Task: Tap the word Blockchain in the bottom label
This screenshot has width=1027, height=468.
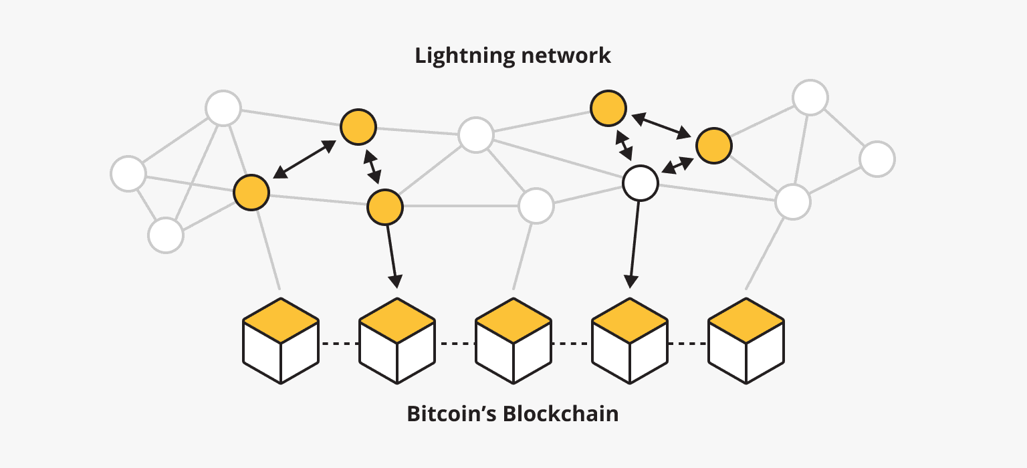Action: coord(560,414)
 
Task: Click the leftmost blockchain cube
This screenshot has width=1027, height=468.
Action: coord(281,341)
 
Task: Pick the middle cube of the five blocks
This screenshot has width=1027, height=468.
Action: coord(513,341)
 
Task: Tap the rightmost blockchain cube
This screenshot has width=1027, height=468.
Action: coord(746,341)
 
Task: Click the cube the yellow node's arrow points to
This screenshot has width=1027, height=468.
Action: coord(397,341)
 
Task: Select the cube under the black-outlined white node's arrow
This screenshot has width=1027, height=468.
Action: coord(630,341)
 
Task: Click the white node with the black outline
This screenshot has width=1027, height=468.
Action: coord(641,183)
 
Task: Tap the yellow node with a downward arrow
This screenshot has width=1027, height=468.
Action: coord(385,207)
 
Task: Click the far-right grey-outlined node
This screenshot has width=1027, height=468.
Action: coord(877,159)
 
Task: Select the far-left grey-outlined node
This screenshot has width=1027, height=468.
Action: coord(128,174)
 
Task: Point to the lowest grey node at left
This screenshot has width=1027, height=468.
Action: coord(165,235)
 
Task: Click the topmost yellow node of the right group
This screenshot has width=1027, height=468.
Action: coord(608,108)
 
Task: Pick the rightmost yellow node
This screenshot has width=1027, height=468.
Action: coord(713,145)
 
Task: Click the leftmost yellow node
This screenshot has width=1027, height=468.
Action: coord(251,192)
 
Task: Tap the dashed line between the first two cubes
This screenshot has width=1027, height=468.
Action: coord(339,344)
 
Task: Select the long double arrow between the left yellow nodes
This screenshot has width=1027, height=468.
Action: coord(304,160)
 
